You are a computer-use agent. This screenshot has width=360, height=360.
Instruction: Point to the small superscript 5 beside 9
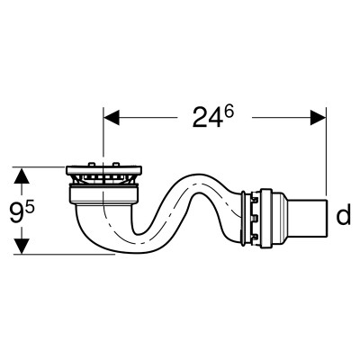point(30,207)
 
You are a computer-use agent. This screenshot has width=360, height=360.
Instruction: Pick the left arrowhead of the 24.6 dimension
point(112,117)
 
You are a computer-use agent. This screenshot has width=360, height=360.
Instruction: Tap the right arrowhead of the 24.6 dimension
point(318,117)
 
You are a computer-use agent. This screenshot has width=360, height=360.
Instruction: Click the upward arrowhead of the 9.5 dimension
point(22,175)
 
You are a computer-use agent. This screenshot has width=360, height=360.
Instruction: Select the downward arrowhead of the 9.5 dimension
point(22,246)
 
